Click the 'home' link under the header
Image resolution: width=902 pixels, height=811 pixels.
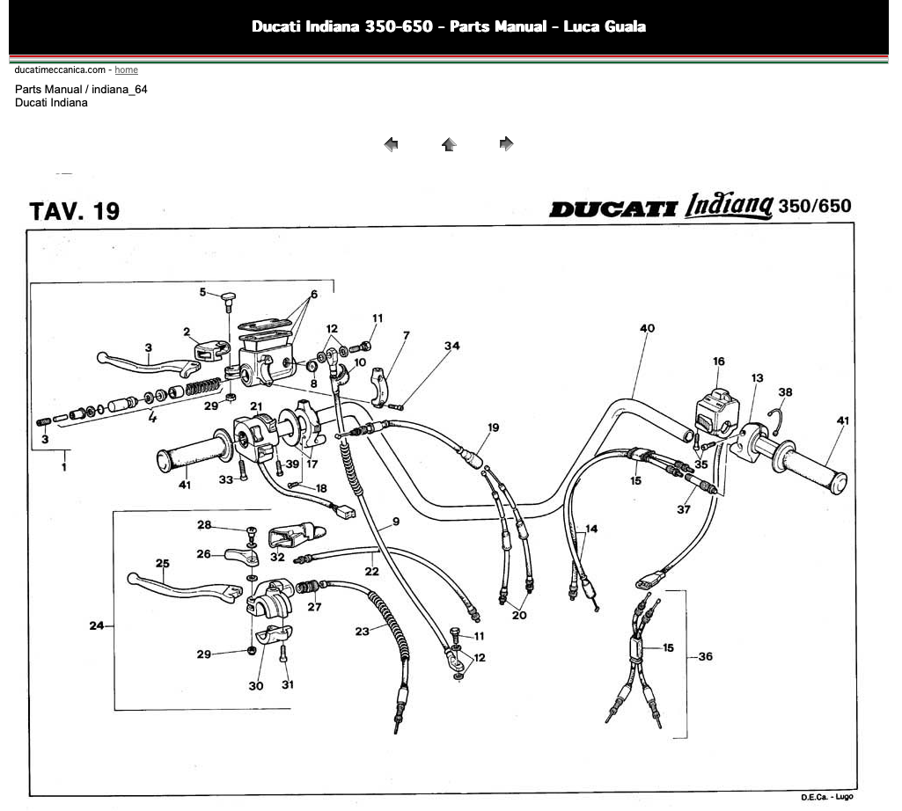(x=126, y=69)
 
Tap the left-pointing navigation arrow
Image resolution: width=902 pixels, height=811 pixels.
(x=392, y=143)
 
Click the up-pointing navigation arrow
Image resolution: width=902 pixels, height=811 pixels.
(x=449, y=143)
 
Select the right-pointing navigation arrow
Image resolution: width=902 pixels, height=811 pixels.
(x=506, y=143)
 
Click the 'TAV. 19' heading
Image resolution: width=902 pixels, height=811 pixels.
(x=74, y=211)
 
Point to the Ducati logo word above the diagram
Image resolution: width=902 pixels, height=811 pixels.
(x=613, y=208)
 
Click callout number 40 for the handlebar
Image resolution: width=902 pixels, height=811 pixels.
(x=647, y=328)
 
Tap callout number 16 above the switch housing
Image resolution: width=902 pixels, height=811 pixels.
(x=718, y=362)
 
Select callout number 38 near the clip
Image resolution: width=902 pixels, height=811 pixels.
(x=785, y=391)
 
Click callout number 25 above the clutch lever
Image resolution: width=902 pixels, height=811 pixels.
(x=162, y=563)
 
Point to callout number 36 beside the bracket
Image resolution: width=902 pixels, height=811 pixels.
(x=705, y=656)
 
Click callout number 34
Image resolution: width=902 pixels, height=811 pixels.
(x=451, y=346)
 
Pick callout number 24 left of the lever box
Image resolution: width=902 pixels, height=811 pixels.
(x=97, y=625)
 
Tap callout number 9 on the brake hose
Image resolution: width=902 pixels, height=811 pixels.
(x=396, y=522)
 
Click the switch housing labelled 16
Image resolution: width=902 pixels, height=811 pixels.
(x=717, y=413)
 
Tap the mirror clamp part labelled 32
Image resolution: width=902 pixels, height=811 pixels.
(x=297, y=535)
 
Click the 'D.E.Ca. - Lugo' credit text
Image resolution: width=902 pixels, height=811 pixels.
(x=826, y=797)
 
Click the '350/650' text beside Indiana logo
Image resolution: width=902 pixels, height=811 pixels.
(x=815, y=206)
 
